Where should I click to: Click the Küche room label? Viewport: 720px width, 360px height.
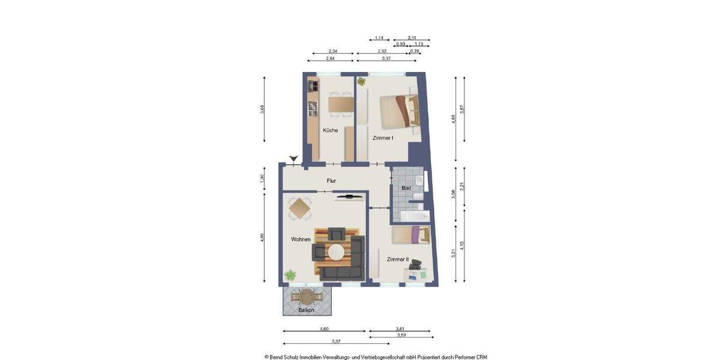tap(330, 130)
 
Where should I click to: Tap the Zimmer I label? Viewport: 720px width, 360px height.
tap(383, 138)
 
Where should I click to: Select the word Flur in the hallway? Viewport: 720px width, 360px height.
tap(331, 181)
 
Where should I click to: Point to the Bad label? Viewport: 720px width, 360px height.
tap(406, 188)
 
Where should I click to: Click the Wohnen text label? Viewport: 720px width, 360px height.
tap(301, 239)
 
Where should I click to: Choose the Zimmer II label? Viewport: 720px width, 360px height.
tap(397, 259)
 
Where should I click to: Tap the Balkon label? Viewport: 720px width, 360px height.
tap(307, 310)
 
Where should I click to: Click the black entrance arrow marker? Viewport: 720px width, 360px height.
tap(293, 159)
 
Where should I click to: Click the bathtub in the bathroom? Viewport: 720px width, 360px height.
tap(414, 216)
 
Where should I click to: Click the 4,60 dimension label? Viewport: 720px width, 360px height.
tap(324, 329)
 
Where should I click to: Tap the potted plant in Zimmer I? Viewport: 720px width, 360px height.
tap(361, 81)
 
